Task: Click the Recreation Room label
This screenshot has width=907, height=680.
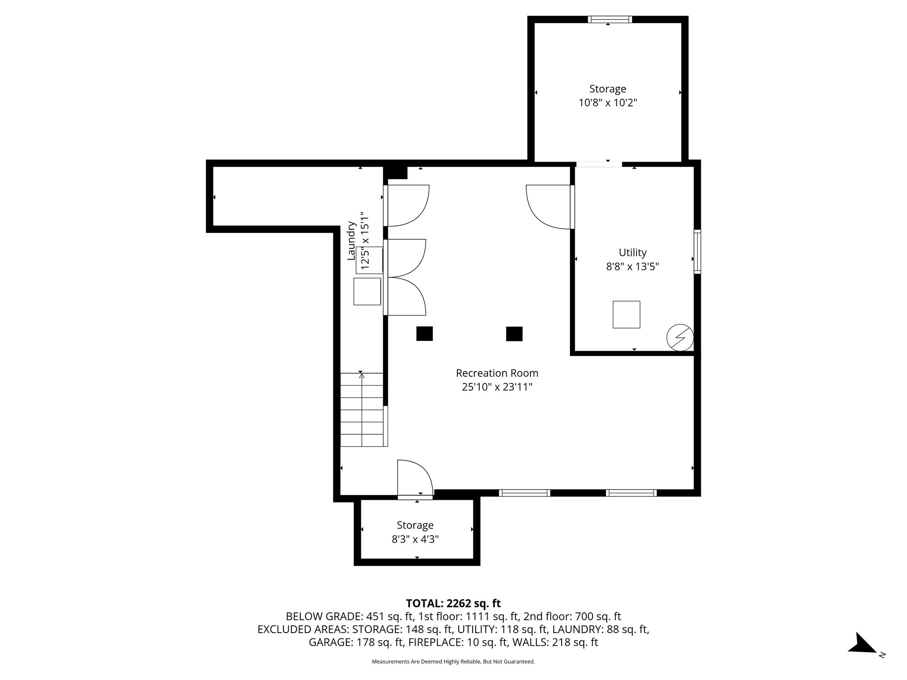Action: pyautogui.click(x=497, y=373)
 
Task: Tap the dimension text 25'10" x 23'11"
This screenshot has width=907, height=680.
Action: pyautogui.click(x=497, y=387)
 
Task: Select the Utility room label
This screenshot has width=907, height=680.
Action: pyautogui.click(x=632, y=252)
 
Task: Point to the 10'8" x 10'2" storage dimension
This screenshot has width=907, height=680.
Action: pyautogui.click(x=608, y=103)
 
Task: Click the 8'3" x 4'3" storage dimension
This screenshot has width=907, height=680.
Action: pyautogui.click(x=415, y=539)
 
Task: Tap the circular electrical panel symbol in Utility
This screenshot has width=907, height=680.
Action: pyautogui.click(x=680, y=338)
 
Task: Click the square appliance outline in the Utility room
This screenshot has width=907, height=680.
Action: pyautogui.click(x=626, y=314)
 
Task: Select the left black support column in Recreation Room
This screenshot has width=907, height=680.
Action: pyautogui.click(x=424, y=333)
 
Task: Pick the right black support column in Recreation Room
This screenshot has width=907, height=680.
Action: pyautogui.click(x=514, y=333)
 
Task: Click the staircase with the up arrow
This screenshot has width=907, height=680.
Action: pyautogui.click(x=362, y=410)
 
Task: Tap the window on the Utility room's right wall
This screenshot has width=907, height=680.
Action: pyautogui.click(x=697, y=251)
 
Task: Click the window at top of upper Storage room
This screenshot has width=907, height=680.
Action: pyautogui.click(x=610, y=19)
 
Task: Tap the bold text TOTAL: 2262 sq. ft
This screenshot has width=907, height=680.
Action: pyautogui.click(x=453, y=603)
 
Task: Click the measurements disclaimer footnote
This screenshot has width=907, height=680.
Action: pyautogui.click(x=453, y=661)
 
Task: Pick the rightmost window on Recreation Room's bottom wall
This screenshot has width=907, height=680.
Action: pyautogui.click(x=631, y=493)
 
